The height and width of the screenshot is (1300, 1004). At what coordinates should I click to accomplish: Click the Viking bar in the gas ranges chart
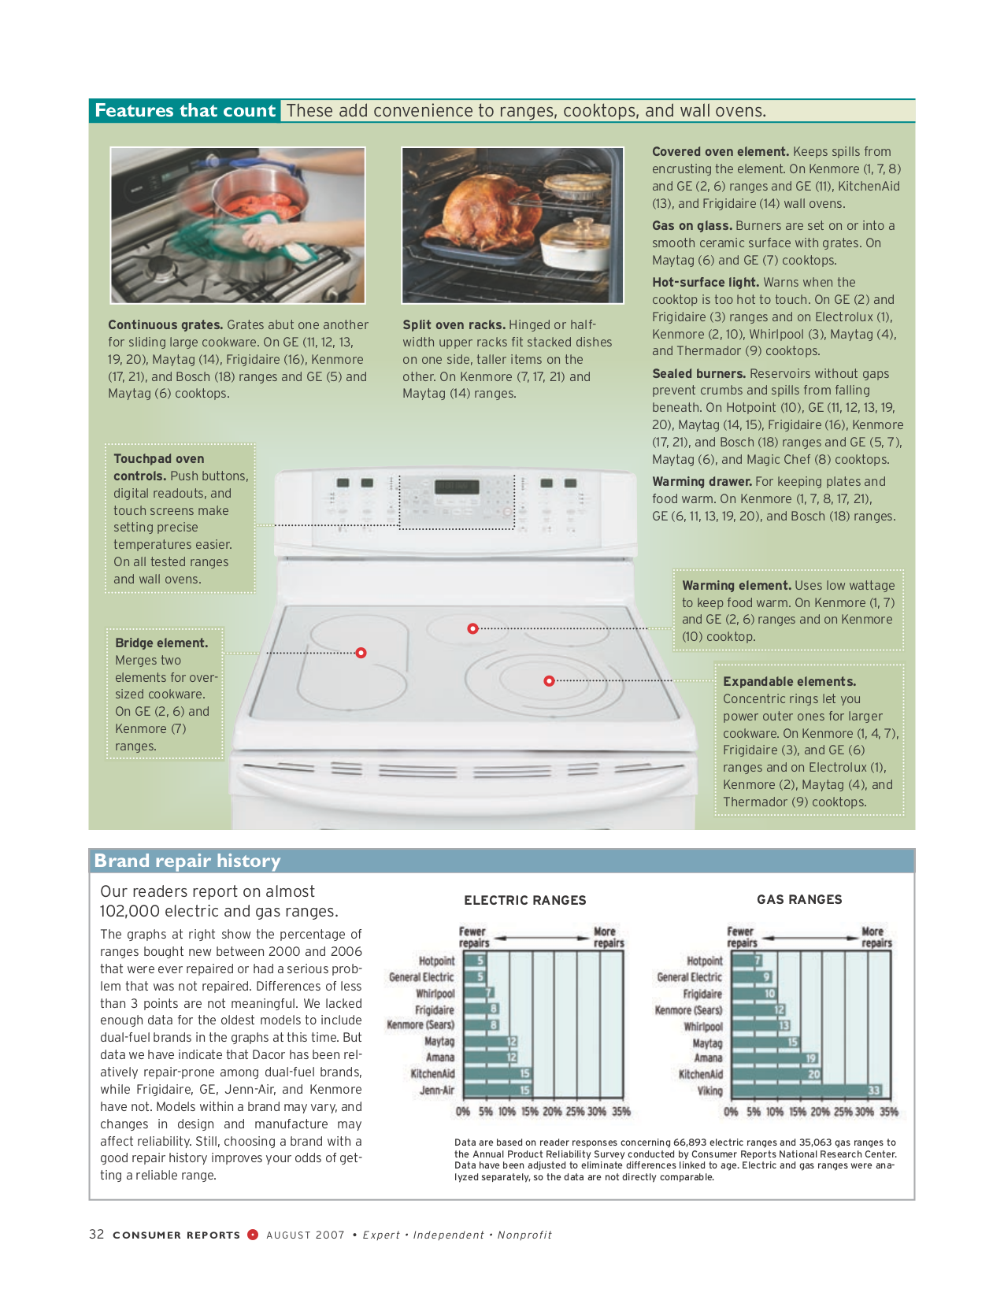click(806, 1091)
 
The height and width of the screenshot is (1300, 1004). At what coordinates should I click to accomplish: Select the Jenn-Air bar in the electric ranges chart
click(496, 1091)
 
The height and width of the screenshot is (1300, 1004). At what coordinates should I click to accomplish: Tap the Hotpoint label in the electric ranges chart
click(436, 961)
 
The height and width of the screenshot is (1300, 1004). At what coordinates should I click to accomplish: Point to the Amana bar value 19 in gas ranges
click(811, 1058)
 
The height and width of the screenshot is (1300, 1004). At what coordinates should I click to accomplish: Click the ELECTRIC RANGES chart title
click(525, 900)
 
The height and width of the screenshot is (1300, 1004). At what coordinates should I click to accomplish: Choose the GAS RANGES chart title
click(799, 899)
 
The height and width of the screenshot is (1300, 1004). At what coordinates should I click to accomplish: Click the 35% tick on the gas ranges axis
click(889, 1112)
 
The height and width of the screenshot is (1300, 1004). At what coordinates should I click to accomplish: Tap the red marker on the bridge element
click(361, 653)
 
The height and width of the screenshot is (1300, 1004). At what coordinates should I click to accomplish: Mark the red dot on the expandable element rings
click(549, 680)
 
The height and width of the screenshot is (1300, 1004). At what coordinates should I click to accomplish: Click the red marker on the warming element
click(472, 628)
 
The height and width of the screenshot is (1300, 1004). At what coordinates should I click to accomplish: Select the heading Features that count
click(185, 111)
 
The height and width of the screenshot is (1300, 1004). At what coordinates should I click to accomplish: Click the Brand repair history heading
click(187, 861)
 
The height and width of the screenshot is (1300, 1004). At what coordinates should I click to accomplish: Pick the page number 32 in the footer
click(97, 1234)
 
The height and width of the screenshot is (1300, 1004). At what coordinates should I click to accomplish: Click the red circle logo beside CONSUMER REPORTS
click(253, 1234)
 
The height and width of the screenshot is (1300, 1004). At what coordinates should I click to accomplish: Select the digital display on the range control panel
click(457, 487)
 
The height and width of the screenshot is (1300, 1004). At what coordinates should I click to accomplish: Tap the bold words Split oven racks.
click(454, 325)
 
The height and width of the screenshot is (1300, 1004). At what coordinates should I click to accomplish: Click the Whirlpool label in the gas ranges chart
click(703, 1027)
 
